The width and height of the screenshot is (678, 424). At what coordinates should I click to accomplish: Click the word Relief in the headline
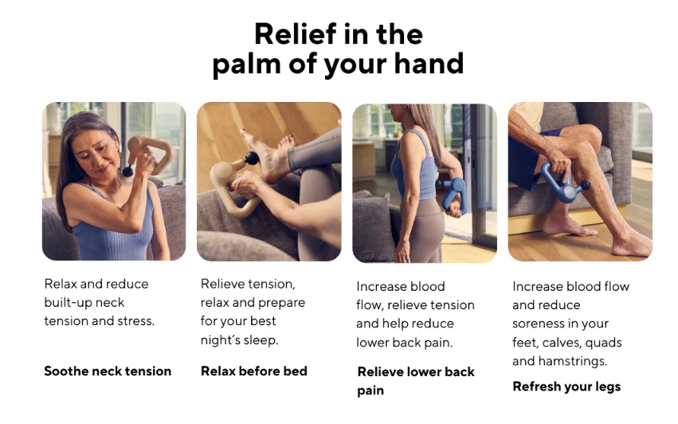click(x=296, y=33)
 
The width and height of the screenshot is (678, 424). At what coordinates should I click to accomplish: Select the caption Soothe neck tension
click(x=108, y=371)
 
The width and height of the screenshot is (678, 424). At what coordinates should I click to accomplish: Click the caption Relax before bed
click(x=254, y=371)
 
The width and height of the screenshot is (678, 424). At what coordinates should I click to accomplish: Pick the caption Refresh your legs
click(x=566, y=387)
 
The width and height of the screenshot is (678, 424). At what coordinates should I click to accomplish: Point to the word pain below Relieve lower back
click(x=370, y=391)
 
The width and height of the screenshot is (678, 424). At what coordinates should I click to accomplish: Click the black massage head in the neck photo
click(x=128, y=172)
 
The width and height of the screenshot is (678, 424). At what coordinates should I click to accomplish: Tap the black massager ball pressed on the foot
click(x=252, y=159)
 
